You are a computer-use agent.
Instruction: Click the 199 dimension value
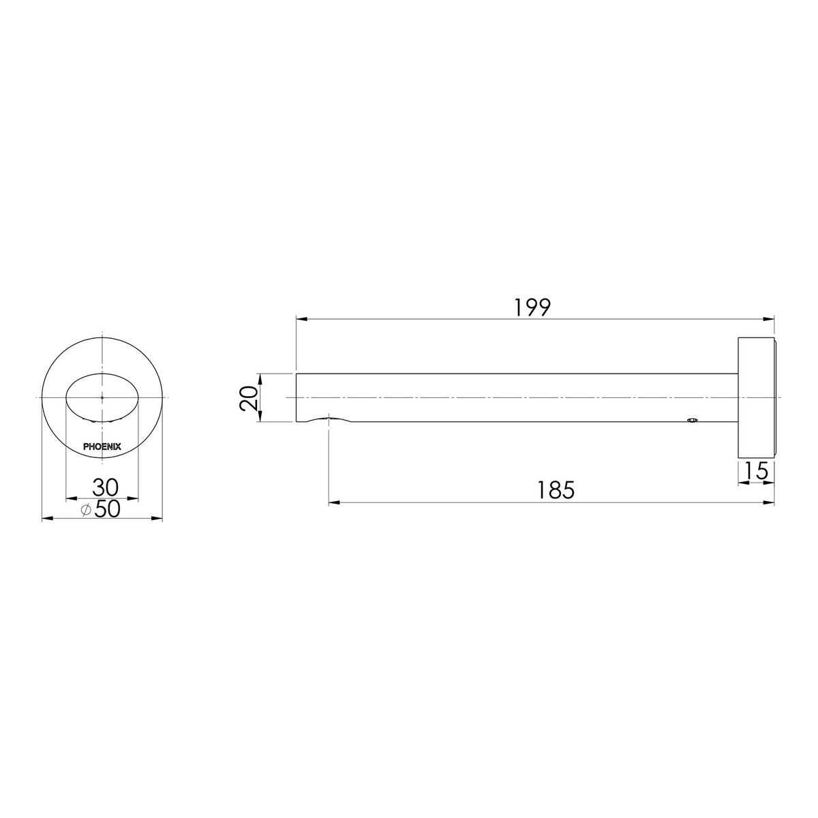pyautogui.click(x=532, y=308)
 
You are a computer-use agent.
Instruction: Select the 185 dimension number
pyautogui.click(x=556, y=490)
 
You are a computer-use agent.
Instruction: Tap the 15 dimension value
pyautogui.click(x=756, y=470)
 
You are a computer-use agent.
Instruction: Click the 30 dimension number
pyautogui.click(x=106, y=487)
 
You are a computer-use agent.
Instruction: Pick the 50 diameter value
pyautogui.click(x=108, y=509)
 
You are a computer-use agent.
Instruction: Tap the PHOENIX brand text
pyautogui.click(x=102, y=446)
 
